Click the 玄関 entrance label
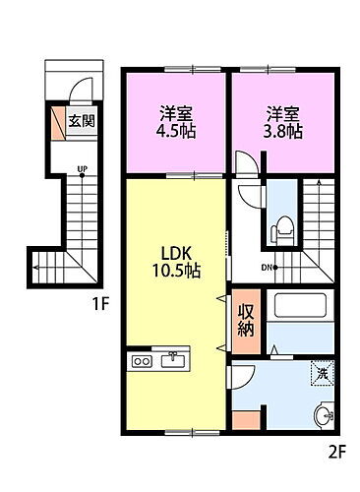click(x=81, y=122)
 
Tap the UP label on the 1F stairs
click(x=84, y=169)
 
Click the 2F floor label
click(x=339, y=454)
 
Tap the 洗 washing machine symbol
click(x=320, y=373)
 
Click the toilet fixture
click(x=283, y=230)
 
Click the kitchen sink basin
click(x=175, y=361)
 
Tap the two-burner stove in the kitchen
click(x=143, y=361)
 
